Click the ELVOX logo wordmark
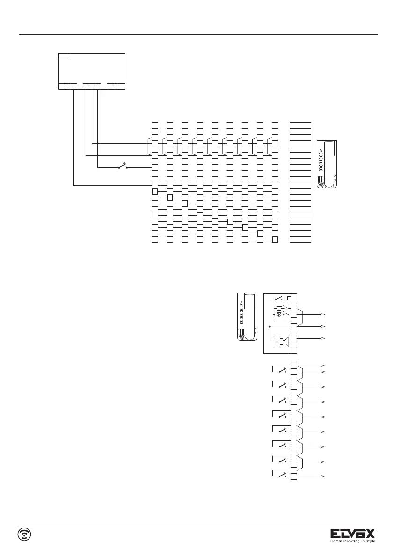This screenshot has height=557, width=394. tap(353, 534)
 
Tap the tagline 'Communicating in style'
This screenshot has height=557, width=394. tap(353, 542)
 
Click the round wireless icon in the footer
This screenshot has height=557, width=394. tap(24, 534)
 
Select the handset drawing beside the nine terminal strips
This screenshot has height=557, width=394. tap(327, 164)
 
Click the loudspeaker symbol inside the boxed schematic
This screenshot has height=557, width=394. tap(283, 341)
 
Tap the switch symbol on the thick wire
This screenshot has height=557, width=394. tap(124, 166)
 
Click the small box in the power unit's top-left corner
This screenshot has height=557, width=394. tap(65, 56)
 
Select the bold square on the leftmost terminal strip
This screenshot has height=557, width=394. tap(155, 191)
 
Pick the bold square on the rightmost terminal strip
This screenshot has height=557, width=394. tap(275, 240)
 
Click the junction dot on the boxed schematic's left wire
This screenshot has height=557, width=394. tap(270, 326)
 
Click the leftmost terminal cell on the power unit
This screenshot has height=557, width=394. tap(62, 86)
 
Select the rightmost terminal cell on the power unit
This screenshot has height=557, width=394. tap(122, 86)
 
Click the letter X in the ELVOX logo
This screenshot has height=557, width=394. tap(369, 534)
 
